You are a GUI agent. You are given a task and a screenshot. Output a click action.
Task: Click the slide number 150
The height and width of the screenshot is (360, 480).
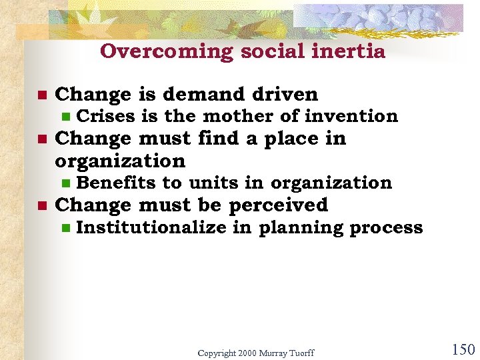(463, 349)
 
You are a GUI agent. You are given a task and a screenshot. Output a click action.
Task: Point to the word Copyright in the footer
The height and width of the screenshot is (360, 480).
(219, 352)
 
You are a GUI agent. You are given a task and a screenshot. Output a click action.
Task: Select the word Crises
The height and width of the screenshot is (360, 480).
(107, 116)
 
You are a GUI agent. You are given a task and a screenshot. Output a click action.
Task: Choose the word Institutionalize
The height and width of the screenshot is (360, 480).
(151, 227)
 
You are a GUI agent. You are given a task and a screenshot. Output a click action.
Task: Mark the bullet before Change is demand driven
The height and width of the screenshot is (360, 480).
(41, 95)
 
